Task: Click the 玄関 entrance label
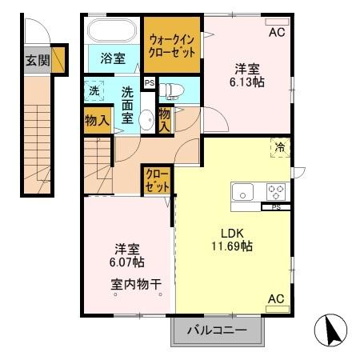(x=36, y=60)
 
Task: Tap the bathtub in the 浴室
(x=112, y=33)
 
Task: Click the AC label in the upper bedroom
(x=276, y=33)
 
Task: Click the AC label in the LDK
(x=276, y=299)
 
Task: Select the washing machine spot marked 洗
(x=94, y=90)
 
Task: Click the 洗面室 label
(x=127, y=103)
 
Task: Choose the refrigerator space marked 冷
(x=281, y=147)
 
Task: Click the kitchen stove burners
(x=275, y=192)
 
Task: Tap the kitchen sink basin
(x=242, y=192)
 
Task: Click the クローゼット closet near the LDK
(x=157, y=181)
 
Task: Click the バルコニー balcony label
(x=216, y=329)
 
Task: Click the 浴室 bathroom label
(x=113, y=58)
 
